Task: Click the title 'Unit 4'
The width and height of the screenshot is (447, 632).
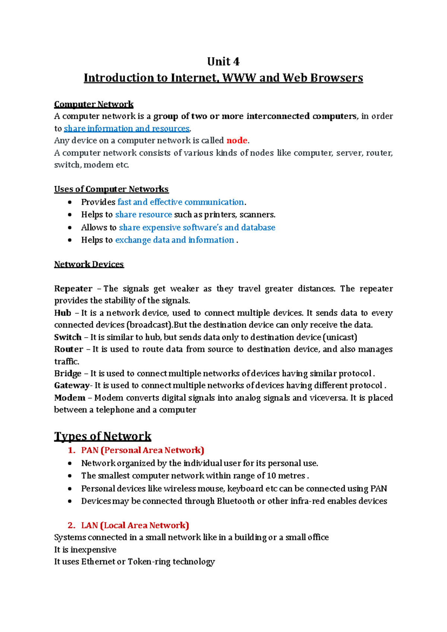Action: click(223, 61)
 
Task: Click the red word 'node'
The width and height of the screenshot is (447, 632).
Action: click(237, 140)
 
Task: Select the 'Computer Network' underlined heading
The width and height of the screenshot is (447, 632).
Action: click(93, 104)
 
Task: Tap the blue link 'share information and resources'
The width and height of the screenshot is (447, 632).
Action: click(127, 129)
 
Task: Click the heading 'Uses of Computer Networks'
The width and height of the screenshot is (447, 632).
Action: click(111, 189)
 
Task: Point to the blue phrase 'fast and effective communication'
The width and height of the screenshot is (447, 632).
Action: click(181, 202)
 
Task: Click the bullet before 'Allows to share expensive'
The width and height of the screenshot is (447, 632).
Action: click(70, 227)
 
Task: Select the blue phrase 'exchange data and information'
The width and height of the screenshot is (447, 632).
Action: click(174, 240)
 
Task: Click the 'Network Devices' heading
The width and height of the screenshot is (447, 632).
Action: click(89, 264)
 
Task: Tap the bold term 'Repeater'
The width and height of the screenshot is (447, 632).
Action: click(73, 289)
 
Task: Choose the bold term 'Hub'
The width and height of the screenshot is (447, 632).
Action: click(63, 313)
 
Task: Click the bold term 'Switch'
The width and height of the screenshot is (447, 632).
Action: click(68, 337)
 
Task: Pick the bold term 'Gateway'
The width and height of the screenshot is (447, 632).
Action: click(72, 385)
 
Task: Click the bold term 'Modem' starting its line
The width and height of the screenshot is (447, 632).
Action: click(70, 398)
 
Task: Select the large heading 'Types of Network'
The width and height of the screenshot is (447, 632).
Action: click(102, 436)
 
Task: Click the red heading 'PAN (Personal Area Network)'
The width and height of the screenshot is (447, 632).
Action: click(142, 450)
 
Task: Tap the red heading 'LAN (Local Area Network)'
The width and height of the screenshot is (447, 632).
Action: click(135, 525)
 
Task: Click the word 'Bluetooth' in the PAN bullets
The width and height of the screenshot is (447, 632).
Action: click(236, 501)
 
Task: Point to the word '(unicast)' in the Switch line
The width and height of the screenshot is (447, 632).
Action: click(340, 337)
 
